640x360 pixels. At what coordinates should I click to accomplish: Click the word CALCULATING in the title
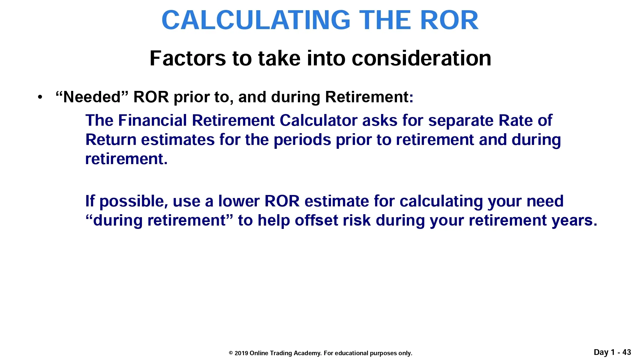pyautogui.click(x=256, y=20)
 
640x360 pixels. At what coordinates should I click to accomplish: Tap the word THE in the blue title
pyautogui.click(x=385, y=20)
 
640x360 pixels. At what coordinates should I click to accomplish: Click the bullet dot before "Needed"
pyautogui.click(x=40, y=97)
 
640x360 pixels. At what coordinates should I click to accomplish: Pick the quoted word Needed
pyautogui.click(x=92, y=97)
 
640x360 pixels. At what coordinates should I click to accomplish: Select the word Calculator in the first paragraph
pyautogui.click(x=318, y=120)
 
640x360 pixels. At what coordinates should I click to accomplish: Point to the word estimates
pyautogui.click(x=178, y=139)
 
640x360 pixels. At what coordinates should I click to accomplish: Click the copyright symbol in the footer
pyautogui.click(x=231, y=353)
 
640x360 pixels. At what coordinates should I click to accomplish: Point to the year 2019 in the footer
pyautogui.click(x=241, y=353)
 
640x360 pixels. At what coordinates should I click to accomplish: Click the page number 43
pyautogui.click(x=627, y=352)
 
